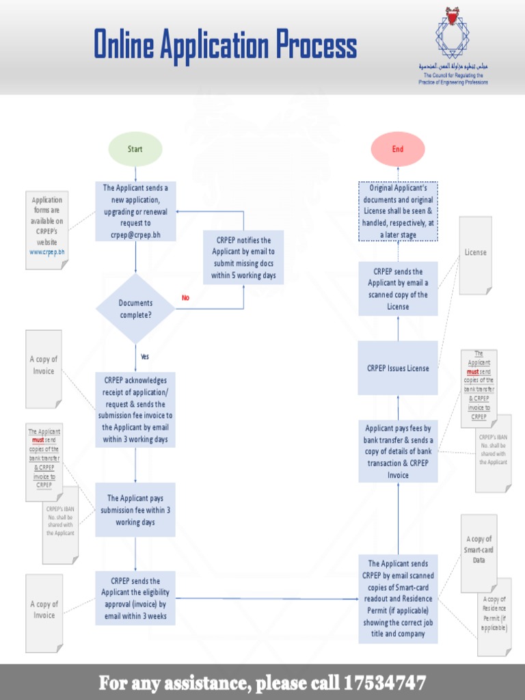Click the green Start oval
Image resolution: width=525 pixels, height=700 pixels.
pyautogui.click(x=135, y=150)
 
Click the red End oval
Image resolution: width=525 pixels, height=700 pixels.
pyautogui.click(x=398, y=150)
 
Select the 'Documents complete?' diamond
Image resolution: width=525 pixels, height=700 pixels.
pyautogui.click(x=135, y=308)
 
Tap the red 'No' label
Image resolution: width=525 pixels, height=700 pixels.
pyautogui.click(x=185, y=298)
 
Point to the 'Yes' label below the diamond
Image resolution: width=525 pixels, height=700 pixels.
pyautogui.click(x=144, y=357)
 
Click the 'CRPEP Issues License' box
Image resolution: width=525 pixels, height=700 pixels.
pyautogui.click(x=398, y=368)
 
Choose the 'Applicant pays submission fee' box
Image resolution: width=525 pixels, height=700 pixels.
pyautogui.click(x=135, y=510)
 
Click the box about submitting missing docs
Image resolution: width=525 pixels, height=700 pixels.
pyautogui.click(x=243, y=258)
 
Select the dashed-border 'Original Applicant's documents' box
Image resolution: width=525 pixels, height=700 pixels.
pyautogui.click(x=398, y=211)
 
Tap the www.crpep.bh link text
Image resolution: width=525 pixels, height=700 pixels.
pyautogui.click(x=47, y=252)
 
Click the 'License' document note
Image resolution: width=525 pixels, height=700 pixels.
pyautogui.click(x=475, y=252)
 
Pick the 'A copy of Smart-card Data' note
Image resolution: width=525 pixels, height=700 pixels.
pyautogui.click(x=479, y=550)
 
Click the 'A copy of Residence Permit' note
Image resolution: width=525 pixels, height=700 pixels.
pyautogui.click(x=494, y=613)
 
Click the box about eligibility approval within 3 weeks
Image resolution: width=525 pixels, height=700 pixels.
pyautogui.click(x=135, y=598)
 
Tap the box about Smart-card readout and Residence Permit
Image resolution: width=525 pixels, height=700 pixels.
pyautogui.click(x=398, y=599)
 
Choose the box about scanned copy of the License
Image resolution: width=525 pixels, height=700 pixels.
pyautogui.click(x=398, y=289)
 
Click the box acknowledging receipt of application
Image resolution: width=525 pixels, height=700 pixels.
pyautogui.click(x=135, y=409)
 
